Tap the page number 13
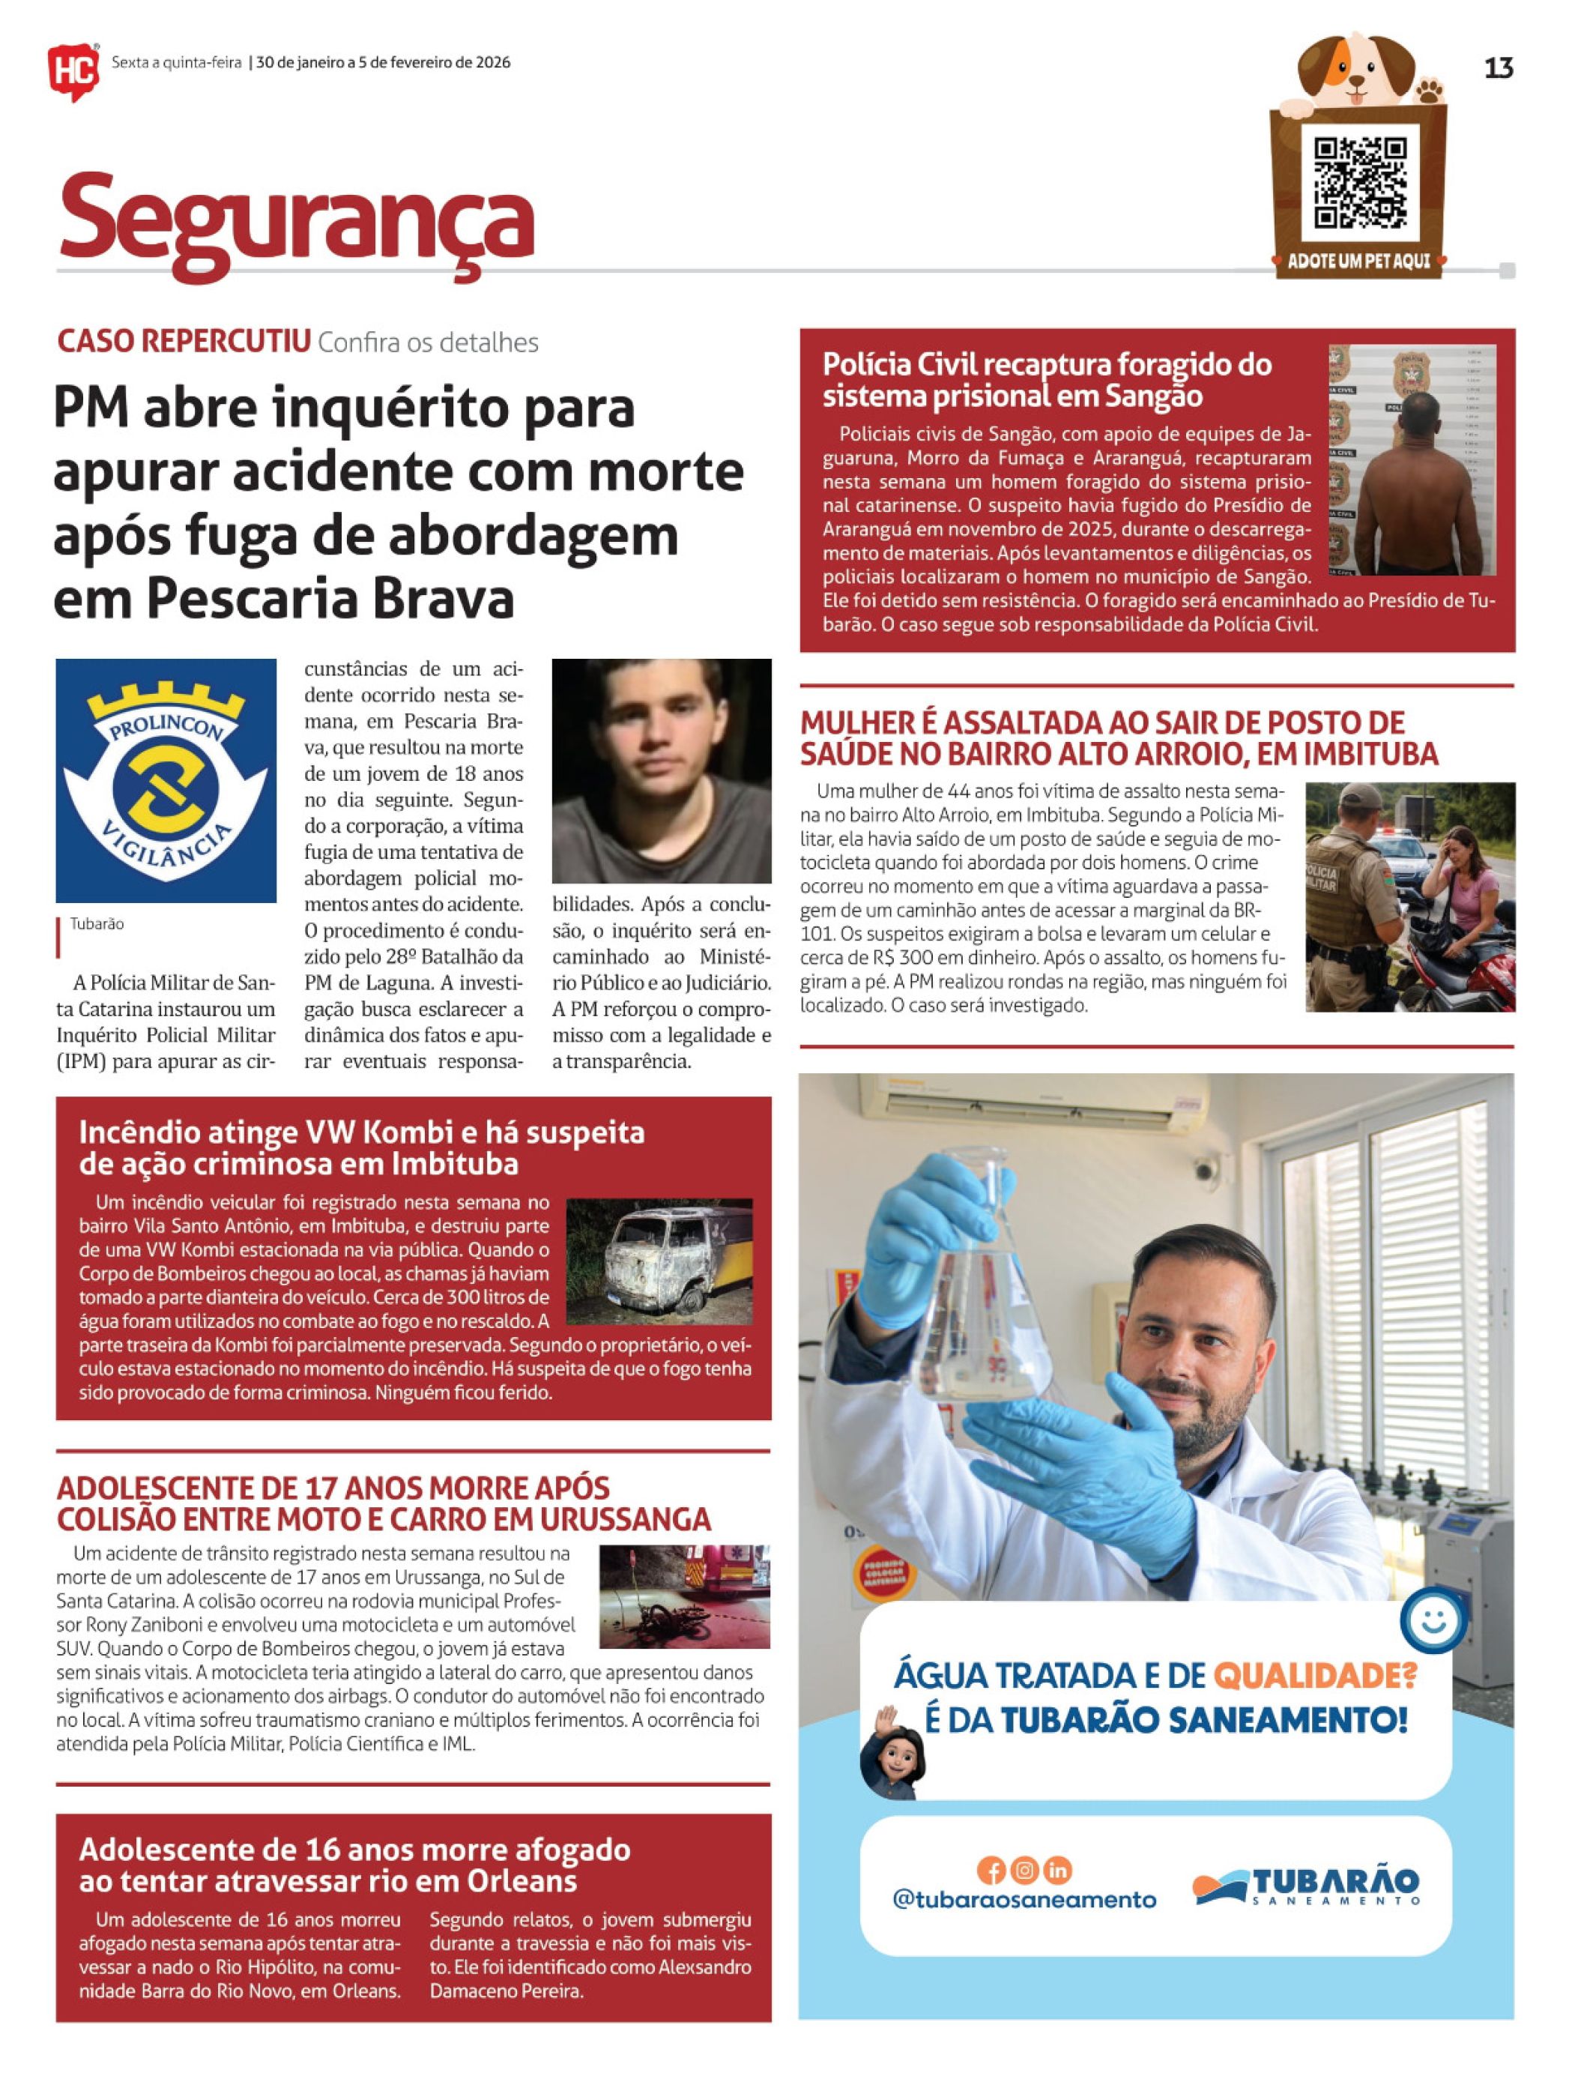[1498, 67]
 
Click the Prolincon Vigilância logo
[166, 780]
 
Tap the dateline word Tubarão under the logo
[97, 924]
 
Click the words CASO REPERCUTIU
[184, 342]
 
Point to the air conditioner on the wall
[1033, 1098]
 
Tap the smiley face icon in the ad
[1432, 1620]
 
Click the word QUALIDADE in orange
[1313, 1675]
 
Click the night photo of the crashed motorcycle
[684, 1596]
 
